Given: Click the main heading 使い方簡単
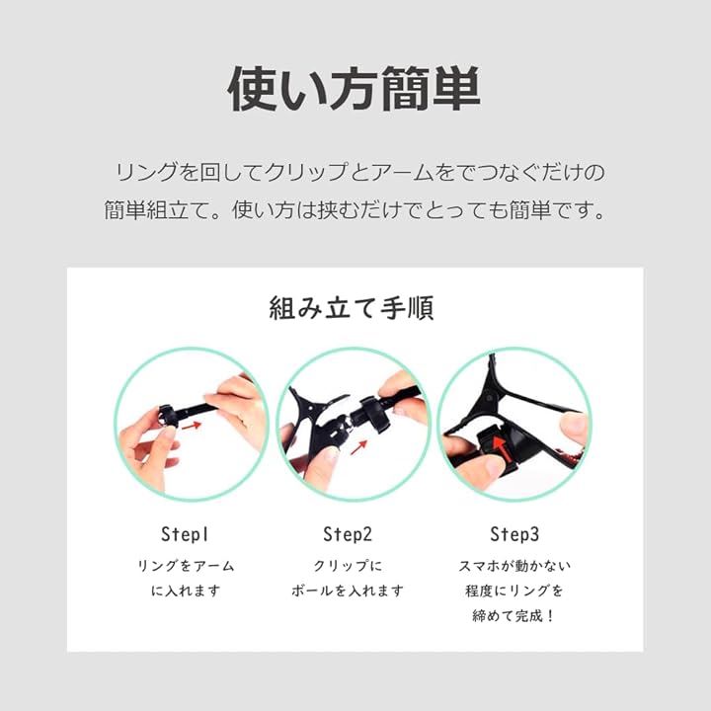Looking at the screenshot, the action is coord(354,89).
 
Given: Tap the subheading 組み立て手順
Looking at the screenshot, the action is coord(352,308).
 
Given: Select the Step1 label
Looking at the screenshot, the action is coord(185,534).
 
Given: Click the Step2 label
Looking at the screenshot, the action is coord(348,534).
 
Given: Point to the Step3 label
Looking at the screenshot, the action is coord(514,534).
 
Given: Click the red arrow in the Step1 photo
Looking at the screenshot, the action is coord(191,426).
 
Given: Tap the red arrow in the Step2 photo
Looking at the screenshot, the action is coord(358,447).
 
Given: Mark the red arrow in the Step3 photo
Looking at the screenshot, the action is coord(500,449).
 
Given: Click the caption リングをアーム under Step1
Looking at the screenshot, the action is coord(186,566).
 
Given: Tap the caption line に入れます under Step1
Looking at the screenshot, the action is coord(186,591).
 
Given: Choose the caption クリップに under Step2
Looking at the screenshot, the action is coord(348,566).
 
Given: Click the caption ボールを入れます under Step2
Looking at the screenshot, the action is coord(348,591).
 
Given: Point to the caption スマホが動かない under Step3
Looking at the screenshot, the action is coord(514,566).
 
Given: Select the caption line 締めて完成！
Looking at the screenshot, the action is coord(513,616).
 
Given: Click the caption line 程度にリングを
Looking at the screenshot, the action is coord(514,591).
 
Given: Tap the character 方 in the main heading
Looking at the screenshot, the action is coord(354,89).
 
